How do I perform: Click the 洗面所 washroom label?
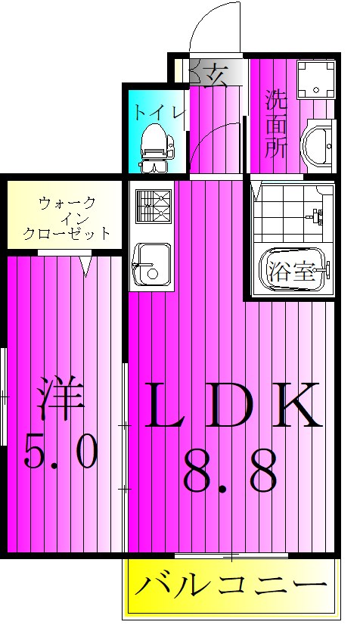point(275,123)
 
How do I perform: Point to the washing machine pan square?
point(316,80)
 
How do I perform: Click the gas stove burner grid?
point(154,205)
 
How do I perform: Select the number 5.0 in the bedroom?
point(61,453)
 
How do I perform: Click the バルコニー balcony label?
point(231,587)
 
